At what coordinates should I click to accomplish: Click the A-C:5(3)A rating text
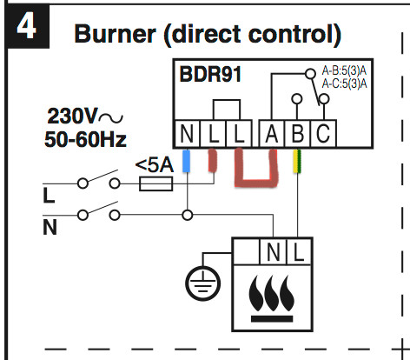tap(344, 83)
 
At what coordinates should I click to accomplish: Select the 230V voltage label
tap(74, 117)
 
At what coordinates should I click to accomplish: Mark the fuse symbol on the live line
tap(156, 183)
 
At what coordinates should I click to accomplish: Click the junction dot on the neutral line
tap(186, 212)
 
